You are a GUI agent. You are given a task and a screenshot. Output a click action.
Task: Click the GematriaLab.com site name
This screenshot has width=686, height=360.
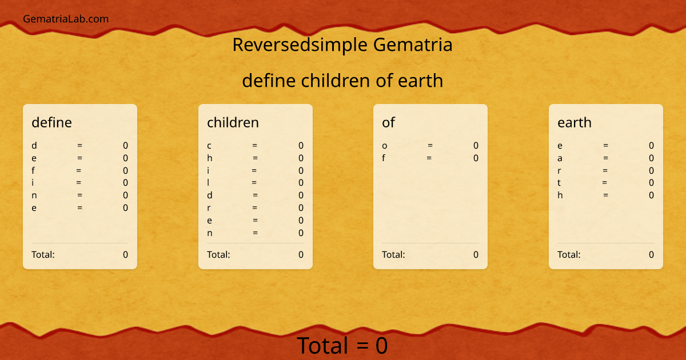66,19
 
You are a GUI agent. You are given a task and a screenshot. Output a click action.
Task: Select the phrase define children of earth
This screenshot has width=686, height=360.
342,81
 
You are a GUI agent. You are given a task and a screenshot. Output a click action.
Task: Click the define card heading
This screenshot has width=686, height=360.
51,122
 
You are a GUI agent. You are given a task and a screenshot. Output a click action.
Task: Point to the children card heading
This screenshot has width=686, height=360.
233,122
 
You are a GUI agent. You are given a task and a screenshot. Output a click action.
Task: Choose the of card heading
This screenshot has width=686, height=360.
388,122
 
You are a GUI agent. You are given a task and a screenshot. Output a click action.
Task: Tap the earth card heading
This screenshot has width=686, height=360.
575,122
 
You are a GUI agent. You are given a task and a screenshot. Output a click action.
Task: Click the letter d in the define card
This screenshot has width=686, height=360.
34,146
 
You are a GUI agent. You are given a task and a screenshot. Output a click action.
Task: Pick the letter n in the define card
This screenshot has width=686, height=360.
34,195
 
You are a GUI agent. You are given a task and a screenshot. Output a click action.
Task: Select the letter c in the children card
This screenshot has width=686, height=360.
209,146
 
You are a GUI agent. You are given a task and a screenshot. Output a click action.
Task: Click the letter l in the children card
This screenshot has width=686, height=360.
209,183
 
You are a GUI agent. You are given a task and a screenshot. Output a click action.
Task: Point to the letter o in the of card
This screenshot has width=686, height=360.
385,146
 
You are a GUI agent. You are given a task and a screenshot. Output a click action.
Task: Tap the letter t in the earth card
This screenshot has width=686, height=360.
559,183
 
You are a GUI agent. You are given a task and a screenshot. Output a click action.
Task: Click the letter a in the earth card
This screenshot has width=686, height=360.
560,158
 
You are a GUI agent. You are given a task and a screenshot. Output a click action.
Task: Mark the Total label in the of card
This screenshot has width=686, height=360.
393,254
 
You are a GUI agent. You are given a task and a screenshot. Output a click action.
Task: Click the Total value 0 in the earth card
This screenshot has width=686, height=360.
651,254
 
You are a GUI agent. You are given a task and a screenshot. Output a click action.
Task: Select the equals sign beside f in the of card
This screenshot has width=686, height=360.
429,158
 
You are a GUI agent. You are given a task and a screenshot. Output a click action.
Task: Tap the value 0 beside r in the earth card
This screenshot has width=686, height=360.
651,170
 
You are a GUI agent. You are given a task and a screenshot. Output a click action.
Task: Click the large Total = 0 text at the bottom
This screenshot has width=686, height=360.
342,346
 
